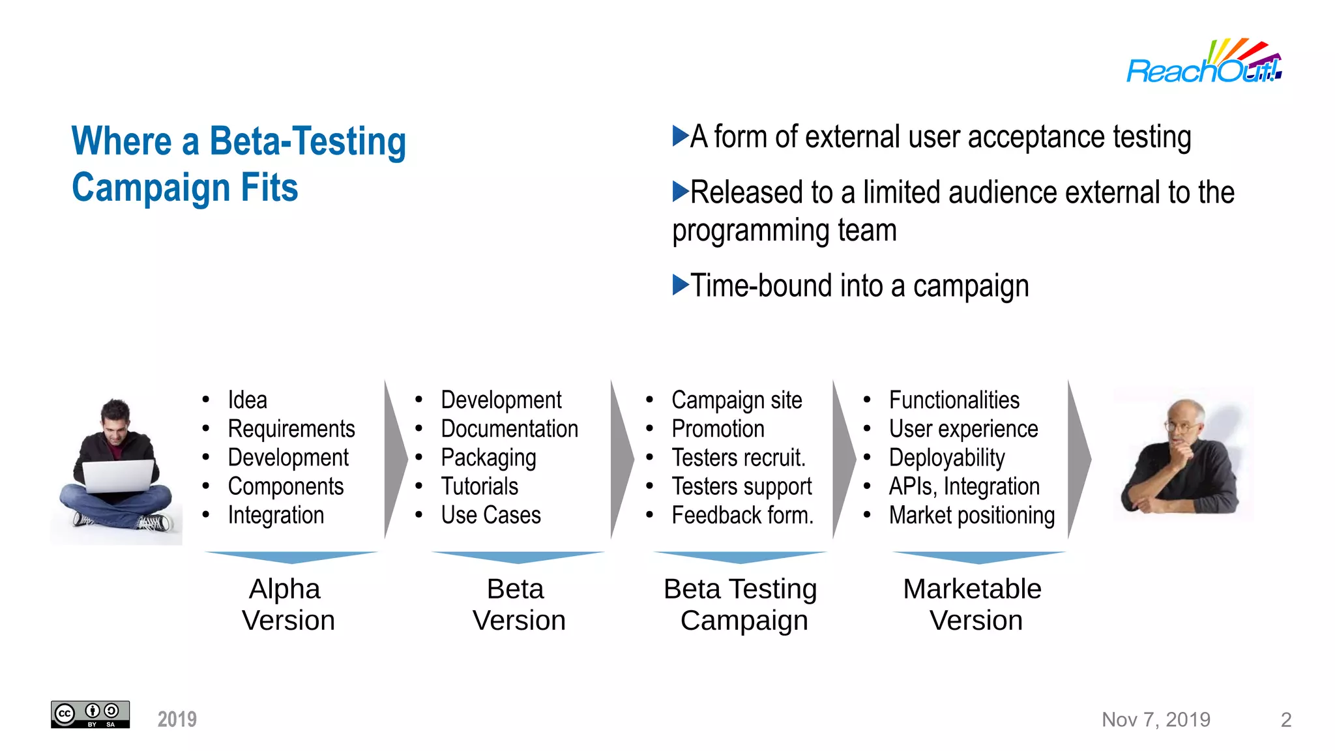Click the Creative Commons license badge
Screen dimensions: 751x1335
click(90, 714)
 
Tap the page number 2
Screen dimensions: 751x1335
click(1285, 720)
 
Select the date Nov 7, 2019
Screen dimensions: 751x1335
click(1155, 720)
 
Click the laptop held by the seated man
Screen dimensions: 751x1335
click(118, 476)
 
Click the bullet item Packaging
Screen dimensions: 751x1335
click(488, 458)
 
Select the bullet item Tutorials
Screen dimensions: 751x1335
click(479, 486)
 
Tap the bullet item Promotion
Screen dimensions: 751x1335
click(718, 429)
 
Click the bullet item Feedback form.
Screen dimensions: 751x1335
click(742, 515)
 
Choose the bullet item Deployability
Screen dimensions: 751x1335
click(946, 458)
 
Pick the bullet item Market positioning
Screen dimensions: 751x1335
click(971, 515)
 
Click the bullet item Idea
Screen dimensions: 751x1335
click(247, 400)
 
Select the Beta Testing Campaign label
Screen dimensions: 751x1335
click(741, 604)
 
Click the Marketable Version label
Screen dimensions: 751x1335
click(973, 604)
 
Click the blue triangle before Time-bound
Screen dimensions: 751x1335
click(680, 285)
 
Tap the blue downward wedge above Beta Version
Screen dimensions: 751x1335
click(518, 557)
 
